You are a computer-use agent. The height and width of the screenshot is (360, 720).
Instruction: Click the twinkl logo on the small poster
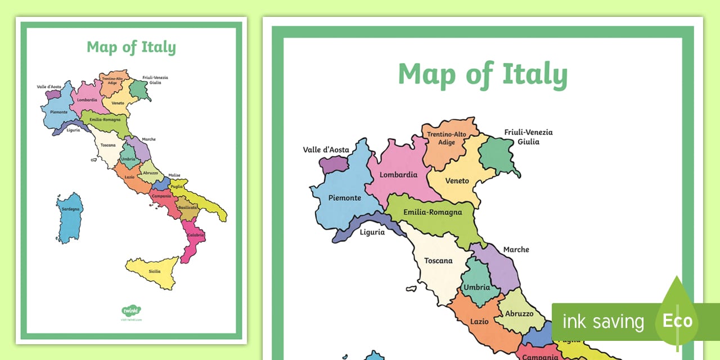pyautogui.click(x=131, y=310)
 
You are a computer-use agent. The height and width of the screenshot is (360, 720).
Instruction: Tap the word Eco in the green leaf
pyautogui.click(x=677, y=321)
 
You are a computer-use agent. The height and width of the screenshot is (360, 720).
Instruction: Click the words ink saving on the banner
pyautogui.click(x=603, y=322)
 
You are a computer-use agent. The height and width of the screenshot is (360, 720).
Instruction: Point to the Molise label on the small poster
pyautogui.click(x=174, y=175)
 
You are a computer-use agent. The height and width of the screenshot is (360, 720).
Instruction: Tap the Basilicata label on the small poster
pyautogui.click(x=187, y=208)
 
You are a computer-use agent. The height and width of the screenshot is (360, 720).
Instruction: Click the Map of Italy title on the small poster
pyautogui.click(x=131, y=47)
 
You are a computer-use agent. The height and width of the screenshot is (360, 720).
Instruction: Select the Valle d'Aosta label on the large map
pyautogui.click(x=326, y=150)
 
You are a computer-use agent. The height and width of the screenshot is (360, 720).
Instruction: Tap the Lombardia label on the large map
pyautogui.click(x=398, y=174)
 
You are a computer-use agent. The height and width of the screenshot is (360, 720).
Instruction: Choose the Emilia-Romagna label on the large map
pyautogui.click(x=433, y=212)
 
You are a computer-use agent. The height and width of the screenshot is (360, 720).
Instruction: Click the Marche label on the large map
pyautogui.click(x=516, y=249)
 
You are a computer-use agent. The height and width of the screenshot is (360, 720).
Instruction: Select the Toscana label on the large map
pyautogui.click(x=438, y=260)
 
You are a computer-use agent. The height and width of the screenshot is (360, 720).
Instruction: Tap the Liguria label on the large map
pyautogui.click(x=372, y=232)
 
